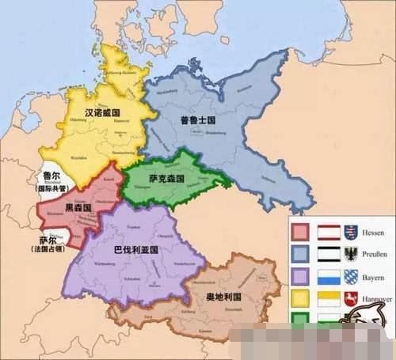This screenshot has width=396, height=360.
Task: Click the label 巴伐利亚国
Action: [x=135, y=248]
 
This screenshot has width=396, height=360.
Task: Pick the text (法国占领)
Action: [x=50, y=250]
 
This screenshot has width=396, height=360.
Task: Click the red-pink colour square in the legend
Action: [x=300, y=231]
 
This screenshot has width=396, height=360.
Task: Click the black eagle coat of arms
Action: [x=352, y=255]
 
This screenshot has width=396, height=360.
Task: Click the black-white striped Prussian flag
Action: [x=329, y=255]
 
